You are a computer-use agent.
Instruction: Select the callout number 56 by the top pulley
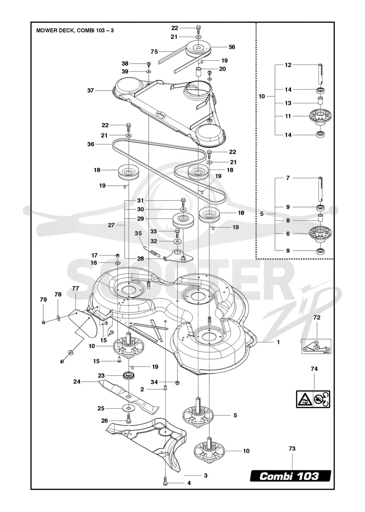point(232,47)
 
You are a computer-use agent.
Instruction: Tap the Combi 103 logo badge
point(290,476)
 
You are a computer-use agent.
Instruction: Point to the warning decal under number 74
point(313,399)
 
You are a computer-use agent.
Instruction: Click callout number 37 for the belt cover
point(91,91)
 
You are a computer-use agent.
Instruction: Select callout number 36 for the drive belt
point(91,144)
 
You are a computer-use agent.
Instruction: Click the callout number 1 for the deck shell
point(278,342)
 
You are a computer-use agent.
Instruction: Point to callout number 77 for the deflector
point(76,288)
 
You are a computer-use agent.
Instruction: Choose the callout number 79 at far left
point(43,299)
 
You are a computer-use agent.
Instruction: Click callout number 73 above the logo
point(292,448)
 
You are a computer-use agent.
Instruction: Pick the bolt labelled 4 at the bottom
point(166,483)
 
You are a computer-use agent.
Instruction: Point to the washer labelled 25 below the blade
point(130,408)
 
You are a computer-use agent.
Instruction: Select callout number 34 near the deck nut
point(154,382)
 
